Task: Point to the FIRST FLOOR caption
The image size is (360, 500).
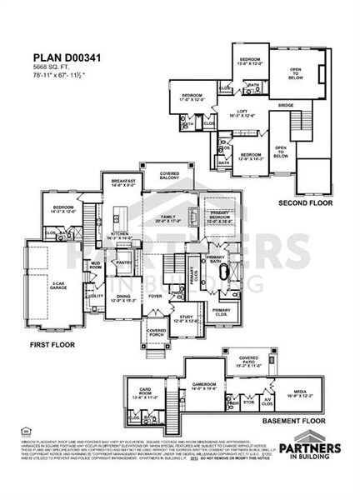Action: (52, 344)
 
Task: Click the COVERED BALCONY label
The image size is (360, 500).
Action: (168, 177)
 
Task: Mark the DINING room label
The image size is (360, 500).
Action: (122, 298)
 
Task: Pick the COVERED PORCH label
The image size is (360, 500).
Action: (157, 332)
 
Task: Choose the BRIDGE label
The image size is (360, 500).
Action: (285, 106)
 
